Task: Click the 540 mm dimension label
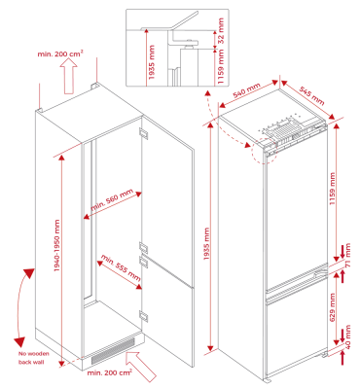pyautogui.click(x=247, y=90)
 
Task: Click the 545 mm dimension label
pyautogui.click(x=311, y=95)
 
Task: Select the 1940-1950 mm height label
pyautogui.click(x=57, y=246)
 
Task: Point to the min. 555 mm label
pyautogui.click(x=121, y=268)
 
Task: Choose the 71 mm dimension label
pyautogui.click(x=347, y=255)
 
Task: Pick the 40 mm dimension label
pyautogui.click(x=347, y=336)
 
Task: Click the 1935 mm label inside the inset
pyautogui.click(x=151, y=62)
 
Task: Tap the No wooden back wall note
pyautogui.click(x=34, y=358)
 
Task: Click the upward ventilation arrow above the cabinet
pyautogui.click(x=68, y=77)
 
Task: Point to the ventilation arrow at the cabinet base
pyautogui.click(x=141, y=366)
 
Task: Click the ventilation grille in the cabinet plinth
pyautogui.click(x=113, y=350)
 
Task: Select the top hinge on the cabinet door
pyautogui.click(x=143, y=133)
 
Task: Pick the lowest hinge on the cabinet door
pyautogui.click(x=143, y=316)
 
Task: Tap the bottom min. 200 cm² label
pyautogui.click(x=110, y=372)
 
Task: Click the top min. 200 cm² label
pyautogui.click(x=60, y=53)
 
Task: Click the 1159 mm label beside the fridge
pyautogui.click(x=333, y=189)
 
